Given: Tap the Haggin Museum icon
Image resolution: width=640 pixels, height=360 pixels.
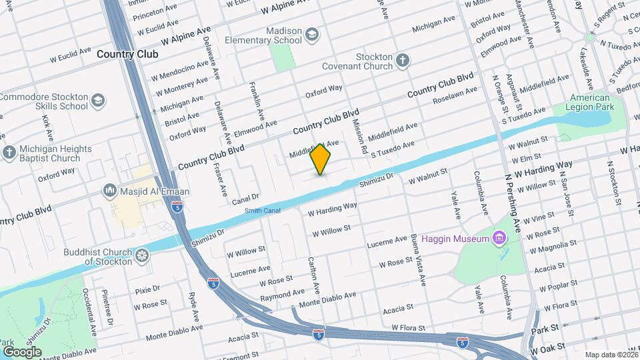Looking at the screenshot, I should click(498, 238).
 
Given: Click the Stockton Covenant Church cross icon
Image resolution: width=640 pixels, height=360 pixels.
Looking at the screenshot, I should click(402, 61).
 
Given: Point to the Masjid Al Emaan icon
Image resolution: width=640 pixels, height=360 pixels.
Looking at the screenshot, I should click(111, 191).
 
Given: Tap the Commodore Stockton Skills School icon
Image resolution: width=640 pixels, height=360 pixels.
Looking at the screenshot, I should click(97, 101).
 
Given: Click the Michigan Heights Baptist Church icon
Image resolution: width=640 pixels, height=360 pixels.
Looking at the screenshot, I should click(9, 153).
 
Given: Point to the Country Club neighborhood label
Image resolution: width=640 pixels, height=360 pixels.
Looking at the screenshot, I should click(127, 54).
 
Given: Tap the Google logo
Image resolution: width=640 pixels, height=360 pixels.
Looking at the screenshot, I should click(23, 351).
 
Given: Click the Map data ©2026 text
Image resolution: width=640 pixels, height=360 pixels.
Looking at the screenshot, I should click(611, 355).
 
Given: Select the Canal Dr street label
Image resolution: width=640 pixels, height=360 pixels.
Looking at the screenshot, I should click(245, 199).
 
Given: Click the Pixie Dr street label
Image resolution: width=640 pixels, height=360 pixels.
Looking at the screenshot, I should click(147, 289).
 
